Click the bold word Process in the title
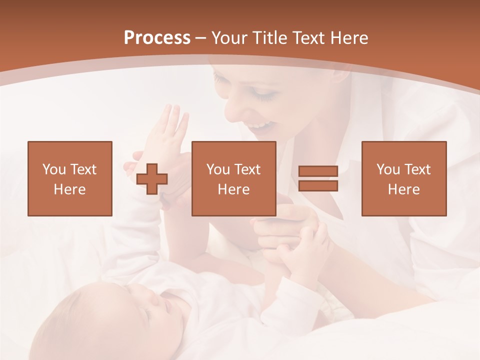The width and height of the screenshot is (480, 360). point(157,38)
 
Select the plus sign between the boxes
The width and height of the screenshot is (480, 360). point(152,178)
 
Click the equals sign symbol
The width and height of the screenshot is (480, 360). point(318,178)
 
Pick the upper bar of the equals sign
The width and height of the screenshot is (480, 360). point(318,171)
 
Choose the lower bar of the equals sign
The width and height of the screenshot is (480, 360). point(318,185)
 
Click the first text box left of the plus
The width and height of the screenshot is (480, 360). point(69,178)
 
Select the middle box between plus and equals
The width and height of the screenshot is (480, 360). point(233,178)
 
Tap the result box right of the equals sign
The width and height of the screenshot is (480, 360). point(403,178)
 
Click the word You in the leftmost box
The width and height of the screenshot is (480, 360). point(54,169)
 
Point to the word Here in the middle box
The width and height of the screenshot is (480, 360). point(233,189)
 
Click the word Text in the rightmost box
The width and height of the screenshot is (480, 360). point(417,169)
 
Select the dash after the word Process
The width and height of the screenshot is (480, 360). point(200,38)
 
